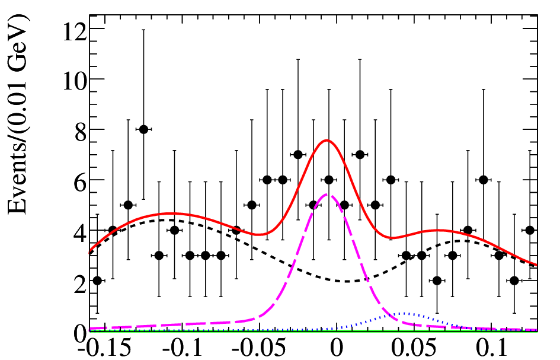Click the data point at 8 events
point(143,129)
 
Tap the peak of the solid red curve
point(327,140)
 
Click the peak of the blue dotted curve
point(405,313)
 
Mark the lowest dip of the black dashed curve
point(347,281)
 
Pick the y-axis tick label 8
point(81,129)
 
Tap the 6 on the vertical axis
point(81,180)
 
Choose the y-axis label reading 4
point(81,230)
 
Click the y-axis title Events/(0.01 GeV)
point(18,114)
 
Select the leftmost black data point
point(97,281)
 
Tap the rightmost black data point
point(530,230)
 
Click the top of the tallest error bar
point(143,30)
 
